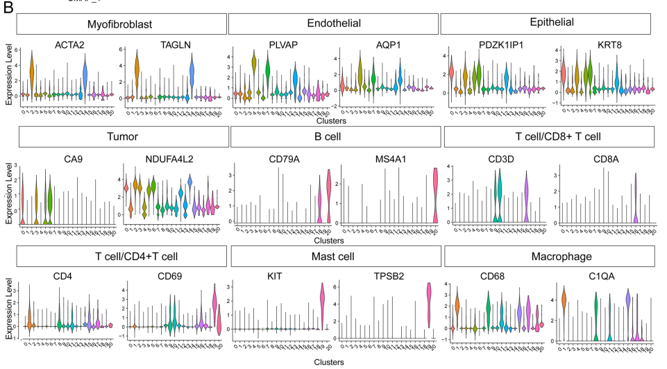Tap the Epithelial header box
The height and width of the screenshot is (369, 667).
[x=546, y=23]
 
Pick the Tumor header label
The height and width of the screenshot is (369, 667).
[x=124, y=137]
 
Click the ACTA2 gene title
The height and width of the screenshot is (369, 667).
[x=69, y=45]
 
